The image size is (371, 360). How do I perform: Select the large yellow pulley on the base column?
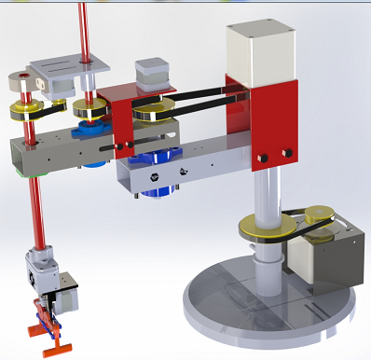[x=264, y=226]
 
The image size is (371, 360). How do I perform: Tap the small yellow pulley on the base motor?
[x=316, y=215]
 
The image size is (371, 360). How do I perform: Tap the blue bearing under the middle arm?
[x=160, y=183]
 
